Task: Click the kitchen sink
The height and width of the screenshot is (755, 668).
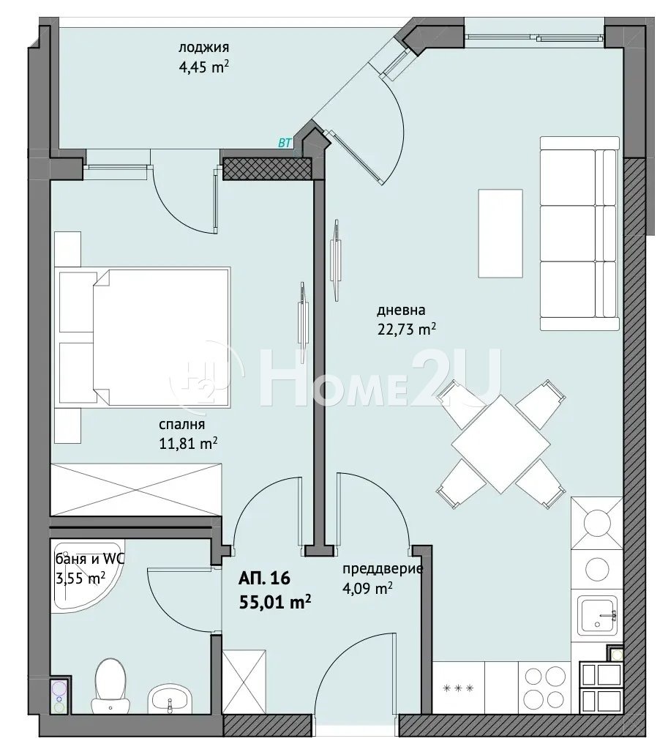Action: click(x=597, y=616)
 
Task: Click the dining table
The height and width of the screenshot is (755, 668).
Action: click(x=500, y=444)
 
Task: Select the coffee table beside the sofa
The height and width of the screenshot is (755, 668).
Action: click(x=500, y=233)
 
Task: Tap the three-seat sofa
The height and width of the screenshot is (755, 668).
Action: click(x=579, y=233)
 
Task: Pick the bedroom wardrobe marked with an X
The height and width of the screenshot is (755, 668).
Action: click(x=136, y=489)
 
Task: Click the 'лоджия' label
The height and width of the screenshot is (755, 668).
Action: click(x=203, y=47)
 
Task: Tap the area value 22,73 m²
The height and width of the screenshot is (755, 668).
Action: click(x=406, y=330)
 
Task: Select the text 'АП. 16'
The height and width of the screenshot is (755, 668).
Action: click(x=264, y=578)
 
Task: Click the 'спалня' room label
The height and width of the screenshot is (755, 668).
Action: click(x=181, y=424)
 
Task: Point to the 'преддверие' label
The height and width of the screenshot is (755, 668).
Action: click(x=383, y=569)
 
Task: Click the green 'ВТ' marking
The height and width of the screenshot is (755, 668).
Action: click(x=285, y=143)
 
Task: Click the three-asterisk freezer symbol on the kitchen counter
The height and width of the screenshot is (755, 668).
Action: click(x=458, y=688)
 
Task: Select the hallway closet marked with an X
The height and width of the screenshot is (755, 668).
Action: click(x=244, y=682)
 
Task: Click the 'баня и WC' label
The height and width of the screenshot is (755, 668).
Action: click(x=91, y=559)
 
